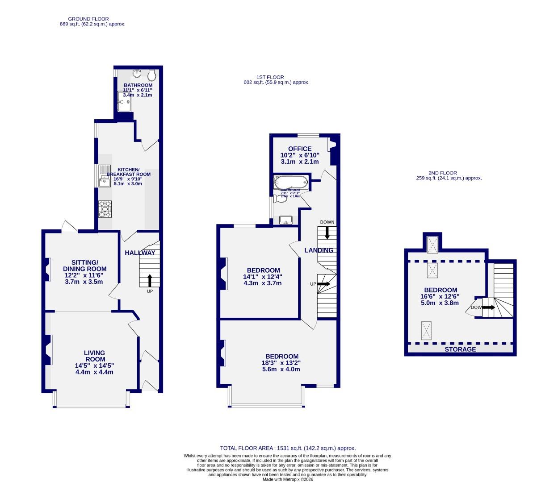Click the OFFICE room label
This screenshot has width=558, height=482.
pos(300,149)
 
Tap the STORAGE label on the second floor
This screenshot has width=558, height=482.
pos(460,349)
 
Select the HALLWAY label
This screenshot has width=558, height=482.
pos(140,253)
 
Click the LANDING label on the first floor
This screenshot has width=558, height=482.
pos(319,250)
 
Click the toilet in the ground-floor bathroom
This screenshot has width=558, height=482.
pos(152,74)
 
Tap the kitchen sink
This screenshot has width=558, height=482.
pos(105,178)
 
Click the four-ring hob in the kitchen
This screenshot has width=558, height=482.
pos(105,209)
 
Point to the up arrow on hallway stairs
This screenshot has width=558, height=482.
pos(150,280)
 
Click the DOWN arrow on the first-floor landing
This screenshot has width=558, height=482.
pos(327,232)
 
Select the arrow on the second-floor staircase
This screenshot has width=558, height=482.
pos(488,307)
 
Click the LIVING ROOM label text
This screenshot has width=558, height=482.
pos(95,356)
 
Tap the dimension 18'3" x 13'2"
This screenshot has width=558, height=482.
pos(281,363)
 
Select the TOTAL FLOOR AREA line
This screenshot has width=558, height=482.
pos(288,448)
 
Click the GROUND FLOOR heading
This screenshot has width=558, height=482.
pos(88,19)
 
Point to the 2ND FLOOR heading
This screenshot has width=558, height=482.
pos(442,173)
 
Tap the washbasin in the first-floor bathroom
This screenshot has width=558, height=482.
pos(285,220)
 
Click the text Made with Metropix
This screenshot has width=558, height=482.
pos(287,479)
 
